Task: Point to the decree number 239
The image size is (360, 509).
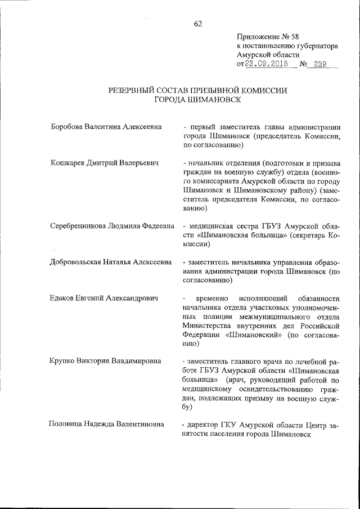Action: [x=322, y=64]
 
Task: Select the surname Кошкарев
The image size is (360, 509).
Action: [x=68, y=163]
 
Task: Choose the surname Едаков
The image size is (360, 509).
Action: [x=63, y=298]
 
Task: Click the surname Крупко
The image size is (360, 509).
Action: [x=64, y=361]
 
